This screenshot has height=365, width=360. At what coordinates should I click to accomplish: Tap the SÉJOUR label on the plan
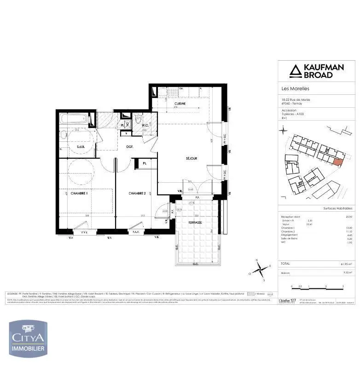tap(192, 158)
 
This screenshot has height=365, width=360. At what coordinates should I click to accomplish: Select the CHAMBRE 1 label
tap(79, 193)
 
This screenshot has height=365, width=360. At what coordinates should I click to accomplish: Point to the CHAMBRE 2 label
tap(137, 193)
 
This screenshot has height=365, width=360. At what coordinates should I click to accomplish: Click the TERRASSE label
tap(196, 222)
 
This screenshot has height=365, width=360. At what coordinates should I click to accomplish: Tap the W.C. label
tap(145, 125)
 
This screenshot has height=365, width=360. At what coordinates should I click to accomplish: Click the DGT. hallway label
tap(130, 147)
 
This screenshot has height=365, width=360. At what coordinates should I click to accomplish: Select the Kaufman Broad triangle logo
tap(295, 71)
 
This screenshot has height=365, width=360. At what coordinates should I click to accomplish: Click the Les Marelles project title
tap(295, 89)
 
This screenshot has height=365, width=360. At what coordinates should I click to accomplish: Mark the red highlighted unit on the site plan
tap(337, 161)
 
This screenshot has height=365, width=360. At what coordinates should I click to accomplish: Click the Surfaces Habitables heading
tap(338, 209)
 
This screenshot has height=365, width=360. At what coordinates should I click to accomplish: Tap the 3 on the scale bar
tap(343, 287)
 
